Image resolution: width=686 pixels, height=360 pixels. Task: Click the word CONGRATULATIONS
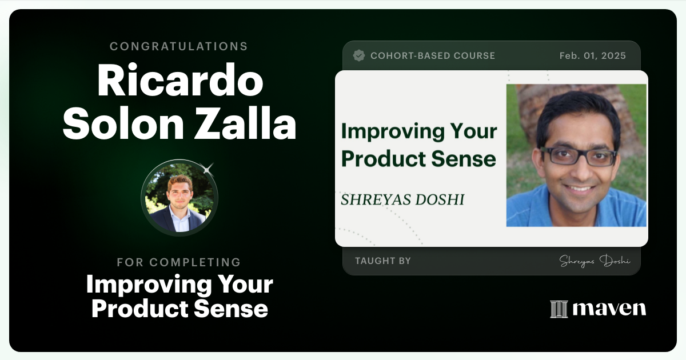[x=179, y=46]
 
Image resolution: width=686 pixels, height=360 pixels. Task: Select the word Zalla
[x=258, y=125]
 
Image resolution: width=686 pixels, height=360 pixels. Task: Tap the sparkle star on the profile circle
[x=208, y=168]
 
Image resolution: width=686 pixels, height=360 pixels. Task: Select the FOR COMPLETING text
[x=179, y=262]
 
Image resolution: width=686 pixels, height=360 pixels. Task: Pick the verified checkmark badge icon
[x=359, y=55]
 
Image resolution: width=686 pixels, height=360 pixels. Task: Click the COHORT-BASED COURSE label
[x=433, y=55]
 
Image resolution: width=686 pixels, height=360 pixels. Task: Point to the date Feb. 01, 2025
[x=592, y=55]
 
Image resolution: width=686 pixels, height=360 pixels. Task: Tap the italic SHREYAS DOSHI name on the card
[x=402, y=199]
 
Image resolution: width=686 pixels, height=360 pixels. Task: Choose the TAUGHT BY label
[x=382, y=261]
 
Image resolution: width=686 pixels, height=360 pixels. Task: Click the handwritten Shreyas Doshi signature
[x=595, y=261]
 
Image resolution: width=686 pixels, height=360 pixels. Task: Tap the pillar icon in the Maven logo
[x=559, y=309]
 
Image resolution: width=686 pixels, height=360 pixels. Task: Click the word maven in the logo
[x=609, y=309]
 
